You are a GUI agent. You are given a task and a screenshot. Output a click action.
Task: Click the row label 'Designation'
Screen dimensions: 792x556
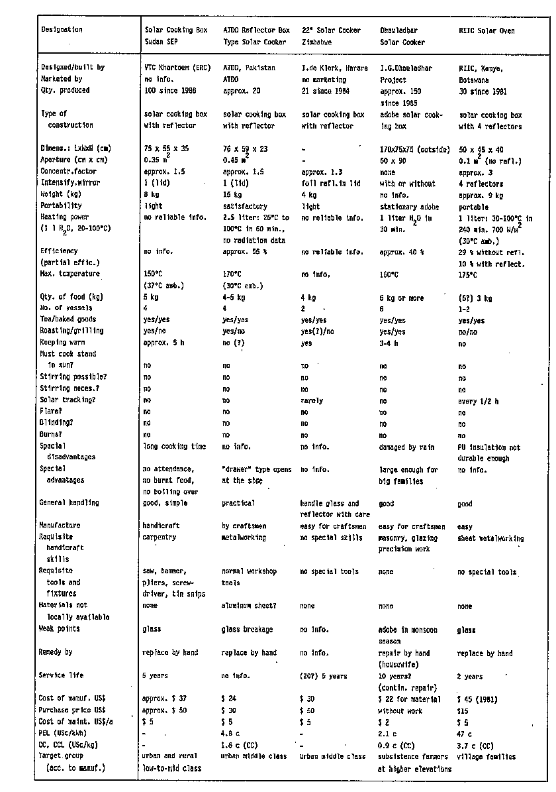pos(62,30)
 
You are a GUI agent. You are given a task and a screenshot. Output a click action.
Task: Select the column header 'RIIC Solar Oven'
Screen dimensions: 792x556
pos(486,30)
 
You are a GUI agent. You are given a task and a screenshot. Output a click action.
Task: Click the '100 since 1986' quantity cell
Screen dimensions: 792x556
pos(168,90)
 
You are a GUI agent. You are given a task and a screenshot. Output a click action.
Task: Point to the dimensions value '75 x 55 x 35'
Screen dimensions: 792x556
pos(166,148)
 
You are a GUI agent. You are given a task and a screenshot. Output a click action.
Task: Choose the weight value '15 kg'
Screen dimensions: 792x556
pos(231,195)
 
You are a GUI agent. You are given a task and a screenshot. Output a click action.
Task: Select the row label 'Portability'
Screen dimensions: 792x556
pos(60,206)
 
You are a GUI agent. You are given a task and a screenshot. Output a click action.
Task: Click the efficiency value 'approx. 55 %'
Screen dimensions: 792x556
pos(245,252)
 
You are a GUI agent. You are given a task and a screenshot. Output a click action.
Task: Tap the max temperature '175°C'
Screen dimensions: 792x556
pos(467,274)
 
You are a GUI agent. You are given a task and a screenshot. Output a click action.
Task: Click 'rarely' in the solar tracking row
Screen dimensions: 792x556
pos(312,400)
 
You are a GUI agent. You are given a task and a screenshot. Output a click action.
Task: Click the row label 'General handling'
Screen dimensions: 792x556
pos(69,503)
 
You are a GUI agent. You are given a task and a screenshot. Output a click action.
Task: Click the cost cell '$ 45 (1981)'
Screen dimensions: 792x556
pos(480,699)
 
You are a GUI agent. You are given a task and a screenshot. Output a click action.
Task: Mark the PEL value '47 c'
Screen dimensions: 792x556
pos(466,734)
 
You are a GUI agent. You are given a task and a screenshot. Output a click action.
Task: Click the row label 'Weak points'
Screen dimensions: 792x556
pos(60,629)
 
